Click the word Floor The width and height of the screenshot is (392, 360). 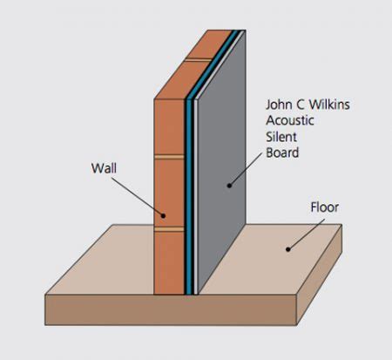pos(324,208)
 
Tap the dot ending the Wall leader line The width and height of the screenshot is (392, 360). pos(163,214)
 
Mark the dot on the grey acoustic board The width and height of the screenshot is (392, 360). pos(229,184)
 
